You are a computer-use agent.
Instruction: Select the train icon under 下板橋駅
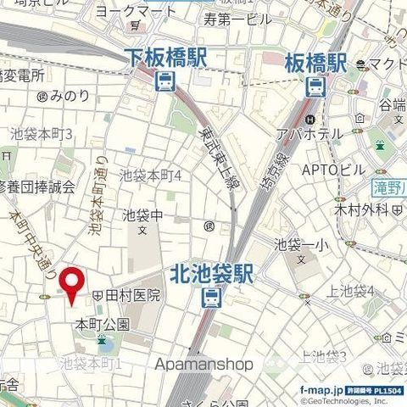pos(164,82)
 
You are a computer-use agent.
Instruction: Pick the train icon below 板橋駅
pos(315,85)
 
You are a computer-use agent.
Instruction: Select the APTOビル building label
pos(333,170)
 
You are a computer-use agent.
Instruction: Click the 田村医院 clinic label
pos(131,295)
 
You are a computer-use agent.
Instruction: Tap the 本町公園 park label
pos(102,324)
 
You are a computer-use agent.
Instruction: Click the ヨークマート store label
pos(136,12)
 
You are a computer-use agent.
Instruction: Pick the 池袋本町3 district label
pos(42,134)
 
